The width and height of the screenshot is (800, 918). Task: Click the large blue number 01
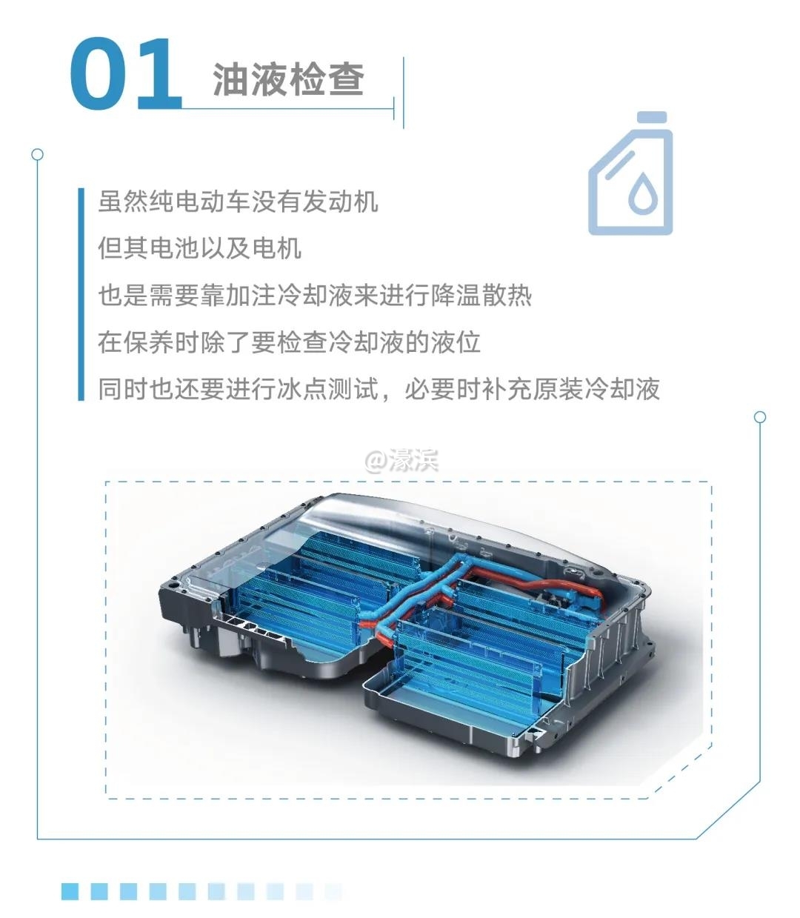(126, 74)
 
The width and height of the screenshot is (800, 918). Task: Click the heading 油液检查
(288, 79)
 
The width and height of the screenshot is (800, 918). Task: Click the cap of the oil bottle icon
(652, 118)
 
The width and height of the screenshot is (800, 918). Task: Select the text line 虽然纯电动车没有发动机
(238, 202)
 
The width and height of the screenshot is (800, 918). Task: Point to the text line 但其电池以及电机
(199, 248)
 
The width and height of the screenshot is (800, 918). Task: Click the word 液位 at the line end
(456, 342)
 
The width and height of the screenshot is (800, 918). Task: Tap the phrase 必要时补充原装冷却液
(533, 388)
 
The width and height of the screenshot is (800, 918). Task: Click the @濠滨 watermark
(401, 462)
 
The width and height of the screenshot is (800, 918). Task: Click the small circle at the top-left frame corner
(38, 155)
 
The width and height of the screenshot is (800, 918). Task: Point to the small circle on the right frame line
(760, 417)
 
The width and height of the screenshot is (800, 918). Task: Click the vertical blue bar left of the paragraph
(81, 294)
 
